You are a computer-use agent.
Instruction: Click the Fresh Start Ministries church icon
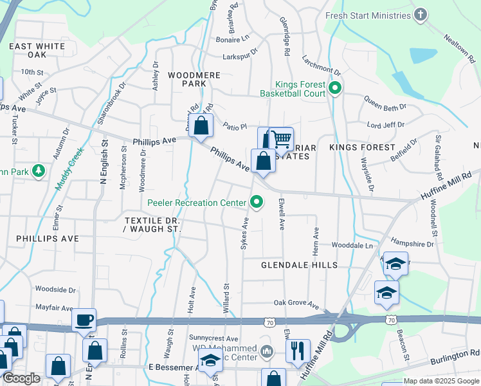421,15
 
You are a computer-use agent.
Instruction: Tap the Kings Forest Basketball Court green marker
334,88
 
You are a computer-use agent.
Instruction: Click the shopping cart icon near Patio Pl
280,139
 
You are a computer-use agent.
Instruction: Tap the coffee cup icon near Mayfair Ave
84,320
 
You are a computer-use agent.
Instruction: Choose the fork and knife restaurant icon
298,351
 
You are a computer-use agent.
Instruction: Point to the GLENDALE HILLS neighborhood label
299,265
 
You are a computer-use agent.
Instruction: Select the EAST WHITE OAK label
37,51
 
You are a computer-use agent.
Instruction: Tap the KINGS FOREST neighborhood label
361,147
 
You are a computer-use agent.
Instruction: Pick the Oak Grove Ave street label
296,303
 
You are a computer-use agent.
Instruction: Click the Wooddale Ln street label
352,245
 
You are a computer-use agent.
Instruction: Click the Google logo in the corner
21,378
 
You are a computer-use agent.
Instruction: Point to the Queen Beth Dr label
386,103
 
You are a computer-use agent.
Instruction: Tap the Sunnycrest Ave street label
213,338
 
